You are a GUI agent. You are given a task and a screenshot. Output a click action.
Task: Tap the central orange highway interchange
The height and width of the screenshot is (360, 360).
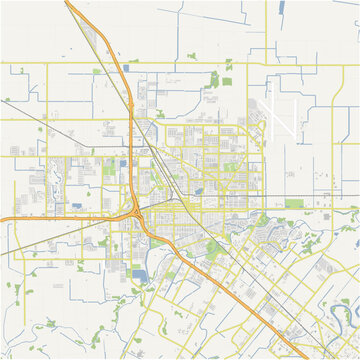pyautogui.click(x=137, y=212)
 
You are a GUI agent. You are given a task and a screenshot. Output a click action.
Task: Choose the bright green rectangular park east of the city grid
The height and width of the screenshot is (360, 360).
pyautogui.click(x=294, y=203)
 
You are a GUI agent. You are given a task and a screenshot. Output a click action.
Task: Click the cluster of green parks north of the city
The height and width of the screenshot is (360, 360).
pyautogui.click(x=219, y=80)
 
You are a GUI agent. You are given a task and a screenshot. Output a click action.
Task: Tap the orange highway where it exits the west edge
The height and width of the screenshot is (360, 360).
pyautogui.click(x=2, y=218)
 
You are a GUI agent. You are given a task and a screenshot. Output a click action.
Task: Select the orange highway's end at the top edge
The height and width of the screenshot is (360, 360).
pyautogui.click(x=68, y=2)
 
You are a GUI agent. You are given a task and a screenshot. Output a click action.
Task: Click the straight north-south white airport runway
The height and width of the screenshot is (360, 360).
pyautogui.click(x=269, y=115)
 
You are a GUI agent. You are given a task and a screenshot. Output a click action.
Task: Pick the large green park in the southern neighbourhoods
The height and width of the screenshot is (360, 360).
pyautogui.click(x=213, y=248)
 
